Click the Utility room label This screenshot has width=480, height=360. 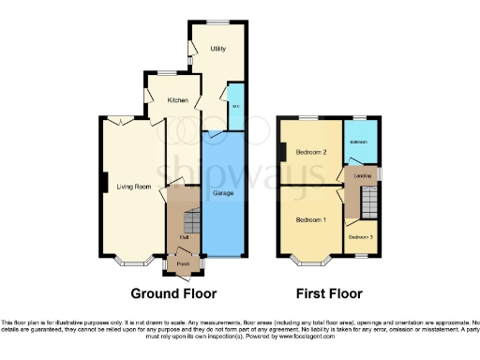click(217, 48)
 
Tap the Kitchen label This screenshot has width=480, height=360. click(178, 99)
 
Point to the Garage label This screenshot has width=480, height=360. click(223, 193)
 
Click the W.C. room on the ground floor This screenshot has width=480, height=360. click(235, 106)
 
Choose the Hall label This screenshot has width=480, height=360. click(183, 237)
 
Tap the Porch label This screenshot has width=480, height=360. click(183, 265)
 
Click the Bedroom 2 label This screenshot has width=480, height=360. click(311, 152)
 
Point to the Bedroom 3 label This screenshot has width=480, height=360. click(361, 237)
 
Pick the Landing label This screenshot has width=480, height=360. click(360, 173)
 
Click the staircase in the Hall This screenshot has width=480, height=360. click(191, 222)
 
